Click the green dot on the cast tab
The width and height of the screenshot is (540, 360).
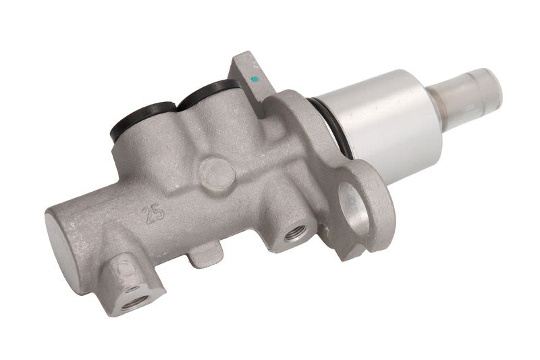(255, 79)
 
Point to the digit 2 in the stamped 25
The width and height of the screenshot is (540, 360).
(149, 216)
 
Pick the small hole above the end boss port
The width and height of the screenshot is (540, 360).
(132, 288)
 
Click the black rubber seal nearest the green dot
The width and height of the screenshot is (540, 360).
(207, 93)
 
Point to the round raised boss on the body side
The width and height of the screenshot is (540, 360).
(217, 174)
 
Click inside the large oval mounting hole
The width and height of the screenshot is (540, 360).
(353, 209)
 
